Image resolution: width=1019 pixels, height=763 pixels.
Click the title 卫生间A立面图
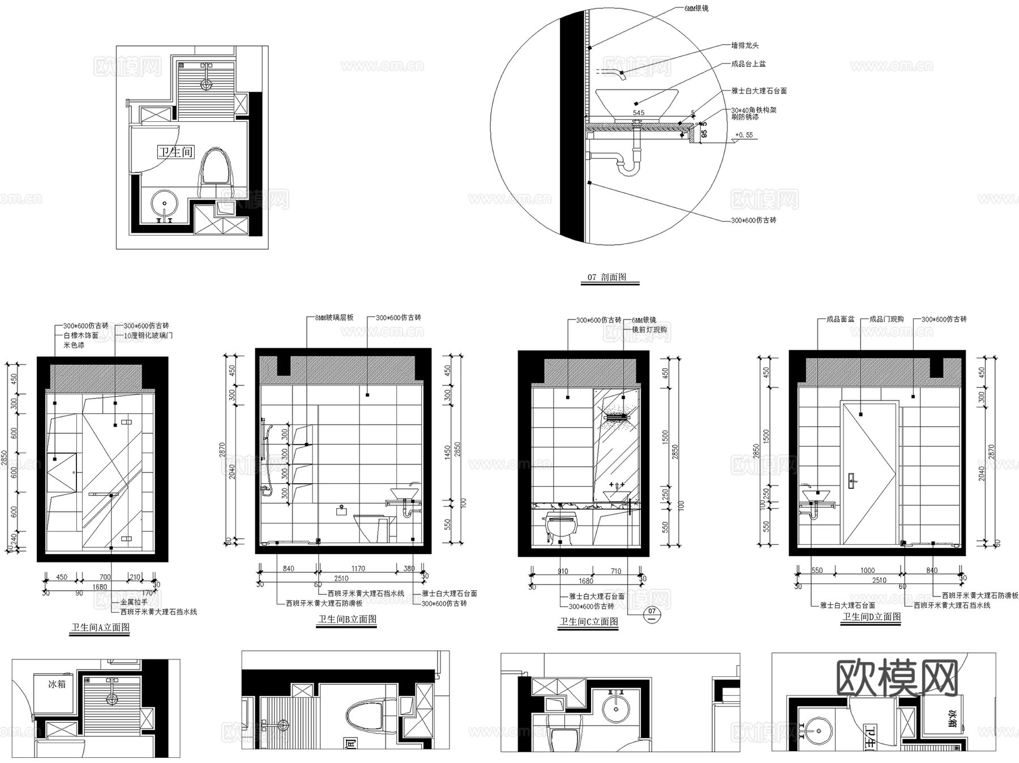point(100,627)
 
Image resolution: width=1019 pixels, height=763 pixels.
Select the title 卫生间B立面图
point(347,619)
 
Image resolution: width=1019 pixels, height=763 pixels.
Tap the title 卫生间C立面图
point(589,621)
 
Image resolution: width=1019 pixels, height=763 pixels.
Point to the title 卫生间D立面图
point(872,616)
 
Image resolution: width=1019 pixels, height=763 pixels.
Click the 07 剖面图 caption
point(607,277)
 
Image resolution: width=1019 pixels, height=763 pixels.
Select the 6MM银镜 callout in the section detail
point(695,8)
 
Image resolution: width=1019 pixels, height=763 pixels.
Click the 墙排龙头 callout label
point(744,45)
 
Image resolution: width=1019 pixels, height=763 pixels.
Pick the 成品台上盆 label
point(748,64)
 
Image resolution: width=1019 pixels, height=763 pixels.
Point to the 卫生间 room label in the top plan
point(175,152)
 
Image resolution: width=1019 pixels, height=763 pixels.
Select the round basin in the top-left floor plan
point(165,202)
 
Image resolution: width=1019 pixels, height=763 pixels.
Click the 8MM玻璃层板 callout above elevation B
point(334,317)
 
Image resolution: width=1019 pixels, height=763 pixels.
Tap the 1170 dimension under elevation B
point(358,568)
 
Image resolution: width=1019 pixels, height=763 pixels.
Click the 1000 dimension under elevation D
point(867,570)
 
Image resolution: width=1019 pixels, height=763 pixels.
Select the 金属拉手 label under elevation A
point(134,602)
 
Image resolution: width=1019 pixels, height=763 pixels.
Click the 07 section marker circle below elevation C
point(652,614)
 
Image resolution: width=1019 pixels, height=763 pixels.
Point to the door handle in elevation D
point(853,480)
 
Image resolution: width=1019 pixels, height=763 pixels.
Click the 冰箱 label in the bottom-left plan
point(57,684)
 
